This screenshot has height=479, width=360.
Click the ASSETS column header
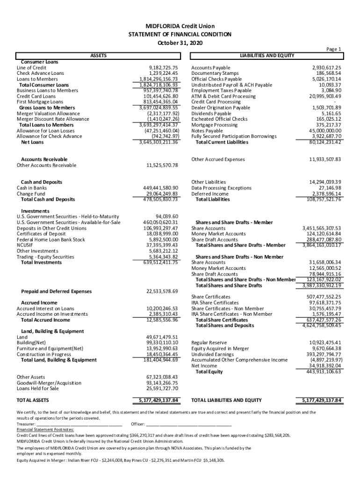point(98,56)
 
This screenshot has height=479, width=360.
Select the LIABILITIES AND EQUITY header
point(266,56)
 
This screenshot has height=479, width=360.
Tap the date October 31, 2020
point(180,43)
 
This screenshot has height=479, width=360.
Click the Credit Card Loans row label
point(36,96)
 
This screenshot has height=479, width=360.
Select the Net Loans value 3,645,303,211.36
point(159,142)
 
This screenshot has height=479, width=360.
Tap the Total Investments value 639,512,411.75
point(160,262)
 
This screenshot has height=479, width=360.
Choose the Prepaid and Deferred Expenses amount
point(162,291)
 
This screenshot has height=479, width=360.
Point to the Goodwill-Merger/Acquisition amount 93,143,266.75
point(162,383)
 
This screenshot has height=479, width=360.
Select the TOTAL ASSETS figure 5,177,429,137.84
point(158,400)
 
